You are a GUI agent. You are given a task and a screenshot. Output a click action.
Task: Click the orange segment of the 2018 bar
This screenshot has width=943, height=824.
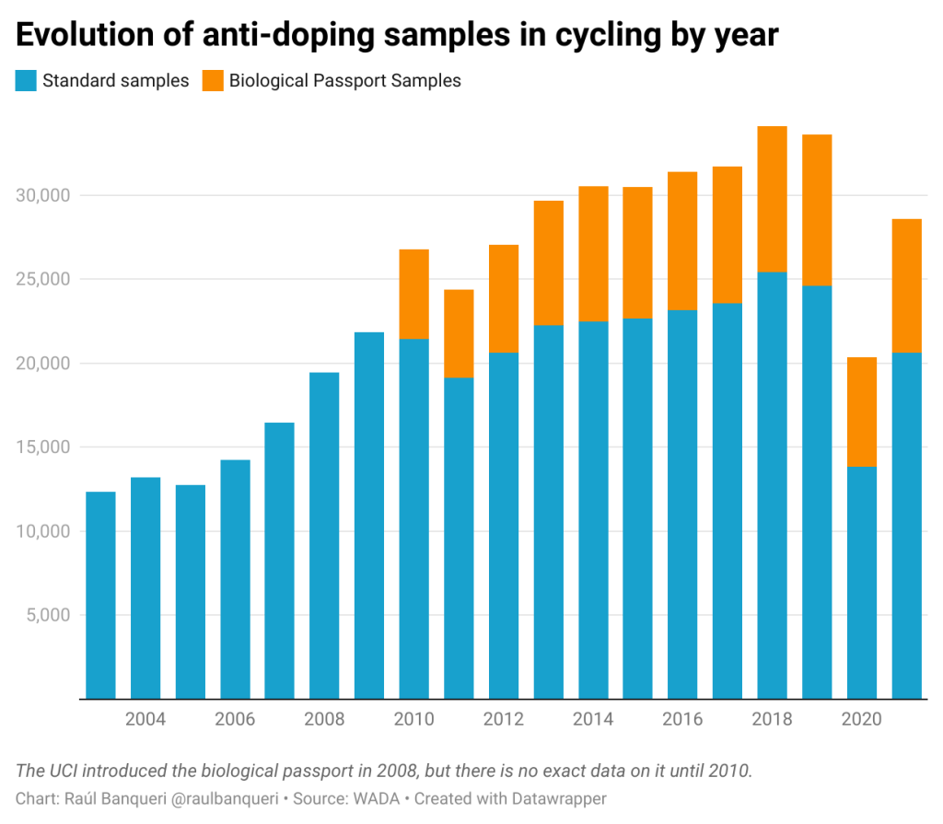(x=772, y=199)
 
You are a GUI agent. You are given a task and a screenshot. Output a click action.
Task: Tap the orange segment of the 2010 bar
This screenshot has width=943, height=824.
(x=413, y=294)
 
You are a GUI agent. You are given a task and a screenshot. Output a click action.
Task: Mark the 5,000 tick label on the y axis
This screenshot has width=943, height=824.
(x=45, y=615)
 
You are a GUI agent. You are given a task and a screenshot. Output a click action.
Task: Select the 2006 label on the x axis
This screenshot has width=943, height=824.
(x=235, y=719)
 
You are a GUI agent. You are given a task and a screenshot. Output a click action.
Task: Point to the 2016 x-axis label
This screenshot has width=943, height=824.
(x=682, y=719)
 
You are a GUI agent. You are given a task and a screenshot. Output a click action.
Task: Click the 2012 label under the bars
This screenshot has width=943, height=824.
(x=503, y=719)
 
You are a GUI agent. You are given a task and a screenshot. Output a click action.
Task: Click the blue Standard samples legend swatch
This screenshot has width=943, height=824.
(x=26, y=81)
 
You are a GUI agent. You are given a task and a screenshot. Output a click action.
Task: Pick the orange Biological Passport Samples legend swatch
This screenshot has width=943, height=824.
(x=214, y=81)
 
